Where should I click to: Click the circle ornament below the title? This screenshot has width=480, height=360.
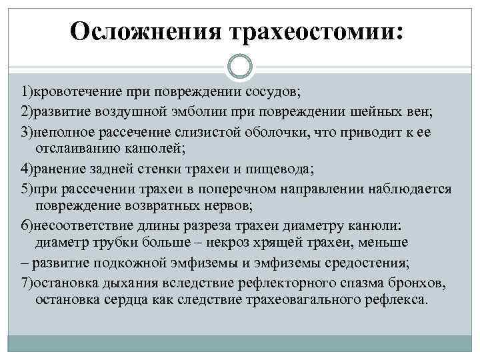click(240, 67)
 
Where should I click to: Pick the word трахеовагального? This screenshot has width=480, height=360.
click(294, 299)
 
